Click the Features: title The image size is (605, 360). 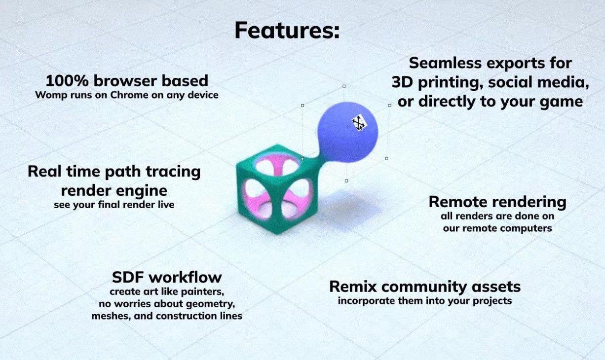coord(287,31)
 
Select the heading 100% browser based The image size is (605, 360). coord(127,80)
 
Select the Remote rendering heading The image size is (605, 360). coord(497,202)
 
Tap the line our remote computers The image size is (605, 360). coord(497,228)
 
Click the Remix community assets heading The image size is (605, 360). coord(425,287)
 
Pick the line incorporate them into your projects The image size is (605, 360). coord(425,301)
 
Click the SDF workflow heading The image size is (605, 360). coord(167,277)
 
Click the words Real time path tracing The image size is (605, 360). coord(114,172)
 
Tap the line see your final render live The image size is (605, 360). coord(114,204)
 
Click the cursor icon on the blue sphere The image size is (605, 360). coord(360,123)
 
